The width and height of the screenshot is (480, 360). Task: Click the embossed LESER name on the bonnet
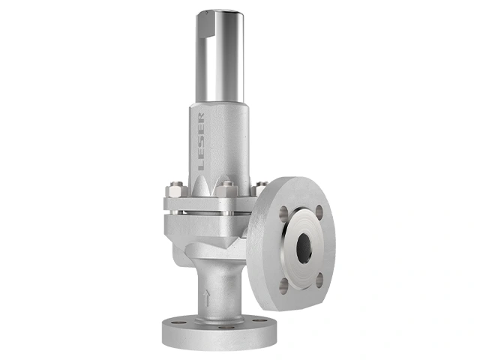[x=201, y=142]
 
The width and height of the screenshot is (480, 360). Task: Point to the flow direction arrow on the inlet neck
[x=207, y=298]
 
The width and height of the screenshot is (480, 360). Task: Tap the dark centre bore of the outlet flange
[x=304, y=248]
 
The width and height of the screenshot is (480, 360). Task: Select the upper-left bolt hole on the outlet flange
[x=283, y=211]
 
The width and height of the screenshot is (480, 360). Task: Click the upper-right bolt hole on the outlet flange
[x=319, y=211]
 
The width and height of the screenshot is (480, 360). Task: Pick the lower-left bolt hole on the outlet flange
[x=283, y=286]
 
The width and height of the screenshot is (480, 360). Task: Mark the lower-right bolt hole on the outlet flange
[x=319, y=280]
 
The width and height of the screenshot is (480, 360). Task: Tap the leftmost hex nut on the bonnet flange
[x=176, y=190]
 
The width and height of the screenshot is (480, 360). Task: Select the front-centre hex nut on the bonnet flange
[x=226, y=190]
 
